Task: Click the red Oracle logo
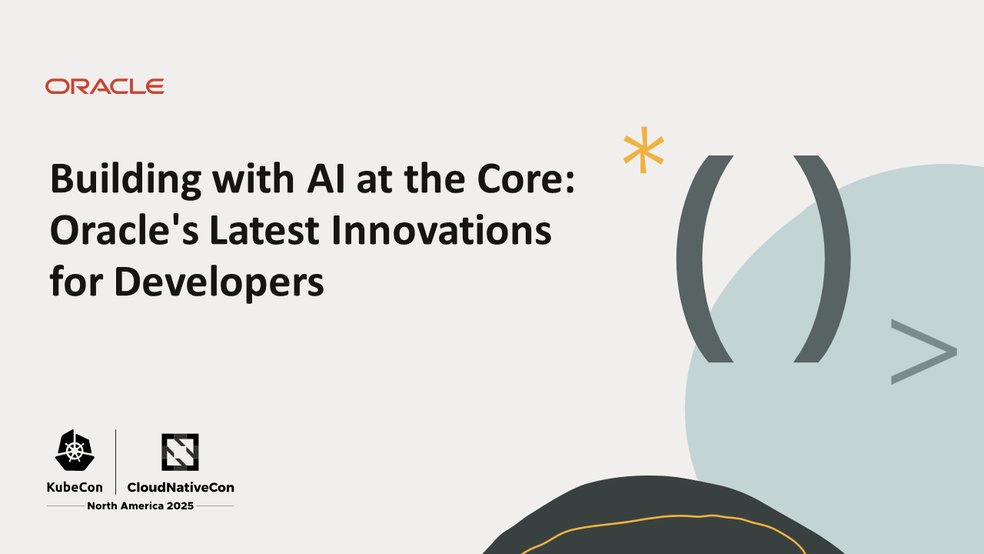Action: [x=105, y=86]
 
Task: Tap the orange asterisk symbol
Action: [x=643, y=149]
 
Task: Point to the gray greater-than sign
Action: [x=922, y=351]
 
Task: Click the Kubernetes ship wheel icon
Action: [x=75, y=451]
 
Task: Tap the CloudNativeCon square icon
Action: [x=180, y=452]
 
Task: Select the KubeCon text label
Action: [x=75, y=487]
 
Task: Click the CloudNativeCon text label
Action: [x=181, y=487]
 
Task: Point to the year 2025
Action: [x=179, y=506]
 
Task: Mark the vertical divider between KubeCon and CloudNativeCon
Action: [x=115, y=461]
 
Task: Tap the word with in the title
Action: [x=251, y=179]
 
